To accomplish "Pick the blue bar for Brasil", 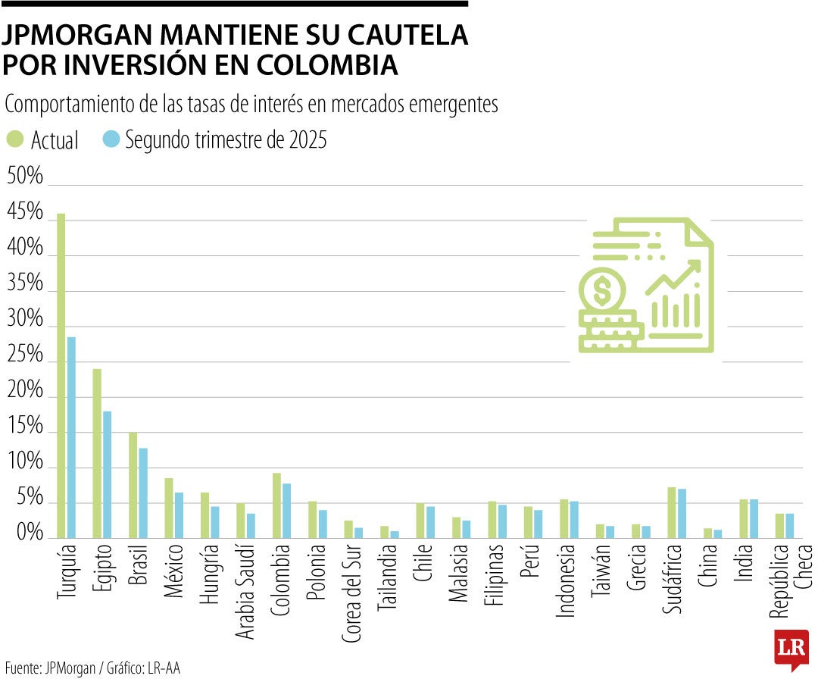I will pyautogui.click(x=143, y=493).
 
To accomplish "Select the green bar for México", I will pyautogui.click(x=169, y=508).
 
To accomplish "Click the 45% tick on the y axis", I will pyautogui.click(x=25, y=213).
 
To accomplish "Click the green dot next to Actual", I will pyautogui.click(x=15, y=139).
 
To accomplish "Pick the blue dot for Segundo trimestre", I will pyautogui.click(x=111, y=139).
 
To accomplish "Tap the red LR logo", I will pyautogui.click(x=791, y=649).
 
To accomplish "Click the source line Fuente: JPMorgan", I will pyautogui.click(x=49, y=668).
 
